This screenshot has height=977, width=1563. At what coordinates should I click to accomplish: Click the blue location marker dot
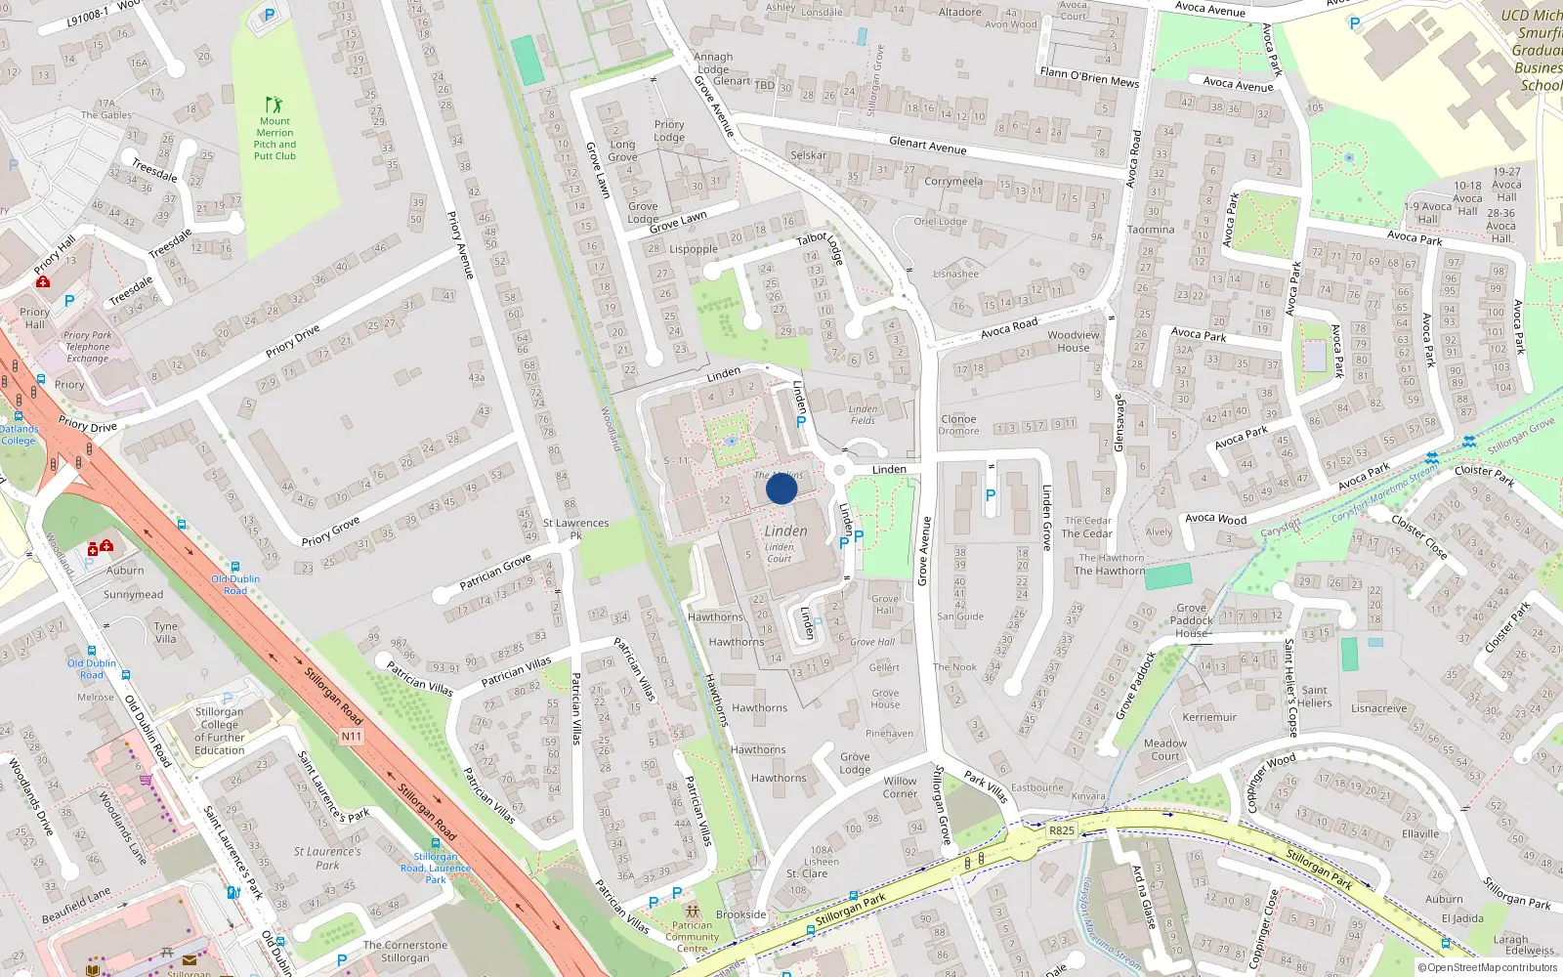pos(781,488)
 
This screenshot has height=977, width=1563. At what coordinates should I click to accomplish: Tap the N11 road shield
pos(352,736)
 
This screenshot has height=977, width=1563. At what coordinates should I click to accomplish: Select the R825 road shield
pos(1061,830)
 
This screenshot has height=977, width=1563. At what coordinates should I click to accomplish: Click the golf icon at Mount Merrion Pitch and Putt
pos(274,105)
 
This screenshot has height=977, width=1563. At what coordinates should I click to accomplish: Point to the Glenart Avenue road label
pos(927,146)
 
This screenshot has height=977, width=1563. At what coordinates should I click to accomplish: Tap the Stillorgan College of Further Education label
pos(219,731)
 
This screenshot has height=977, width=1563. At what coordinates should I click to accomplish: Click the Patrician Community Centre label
pos(692,937)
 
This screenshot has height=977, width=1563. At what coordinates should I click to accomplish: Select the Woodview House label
pos(1073,341)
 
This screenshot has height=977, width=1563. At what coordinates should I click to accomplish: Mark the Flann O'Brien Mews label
pos(1089,77)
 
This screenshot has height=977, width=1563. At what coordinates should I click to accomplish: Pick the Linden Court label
pos(779,553)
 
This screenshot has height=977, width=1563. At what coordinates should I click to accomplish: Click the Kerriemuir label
pos(1209,717)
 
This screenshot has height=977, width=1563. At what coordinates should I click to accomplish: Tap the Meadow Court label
pos(1164,749)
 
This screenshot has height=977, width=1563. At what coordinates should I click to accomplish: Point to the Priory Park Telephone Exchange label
pos(88,347)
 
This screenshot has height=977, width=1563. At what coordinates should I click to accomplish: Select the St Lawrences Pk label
pos(575,529)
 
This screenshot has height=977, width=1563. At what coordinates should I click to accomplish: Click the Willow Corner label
pos(900,787)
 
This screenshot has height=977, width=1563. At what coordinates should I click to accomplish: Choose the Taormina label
pos(1151,230)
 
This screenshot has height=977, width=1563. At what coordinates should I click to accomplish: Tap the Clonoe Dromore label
pos(958,425)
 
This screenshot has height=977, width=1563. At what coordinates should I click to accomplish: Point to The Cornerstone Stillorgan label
pos(405,951)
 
